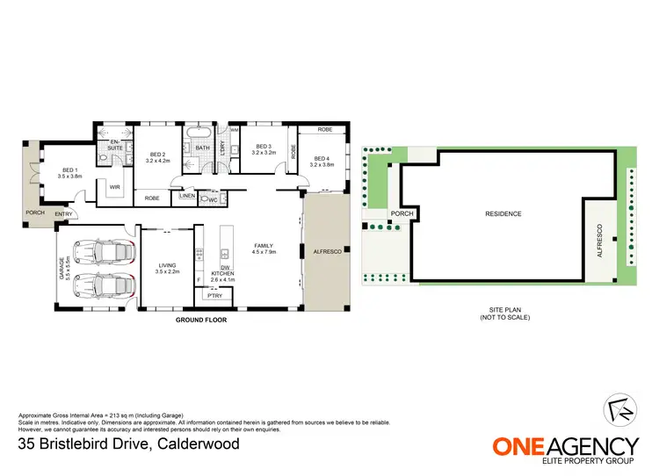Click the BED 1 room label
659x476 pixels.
(x=69, y=169)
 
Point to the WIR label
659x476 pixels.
(x=114, y=187)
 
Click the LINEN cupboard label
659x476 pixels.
(x=187, y=196)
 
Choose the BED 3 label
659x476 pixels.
(x=264, y=148)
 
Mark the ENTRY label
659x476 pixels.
(x=64, y=214)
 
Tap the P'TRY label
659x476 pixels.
(x=214, y=296)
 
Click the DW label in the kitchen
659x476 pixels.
(x=226, y=267)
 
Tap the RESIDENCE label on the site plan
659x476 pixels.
(x=503, y=214)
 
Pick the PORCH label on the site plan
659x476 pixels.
(x=402, y=213)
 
